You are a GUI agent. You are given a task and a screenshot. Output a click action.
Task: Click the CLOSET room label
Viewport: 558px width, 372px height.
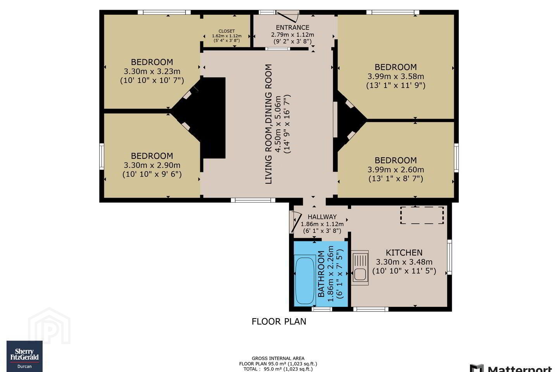pyautogui.click(x=226, y=31)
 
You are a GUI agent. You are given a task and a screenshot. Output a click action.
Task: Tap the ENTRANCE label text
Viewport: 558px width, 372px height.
pyautogui.click(x=293, y=28)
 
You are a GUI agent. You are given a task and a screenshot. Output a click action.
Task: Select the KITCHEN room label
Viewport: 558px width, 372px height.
pyautogui.click(x=404, y=253)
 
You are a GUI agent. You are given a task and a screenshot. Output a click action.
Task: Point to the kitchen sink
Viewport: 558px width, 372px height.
pyautogui.click(x=360, y=268)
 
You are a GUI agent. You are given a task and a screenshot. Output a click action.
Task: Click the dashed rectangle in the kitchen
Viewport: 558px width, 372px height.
pyautogui.click(x=422, y=215)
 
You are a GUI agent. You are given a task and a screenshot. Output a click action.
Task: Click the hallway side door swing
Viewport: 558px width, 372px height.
pyautogui.click(x=296, y=222)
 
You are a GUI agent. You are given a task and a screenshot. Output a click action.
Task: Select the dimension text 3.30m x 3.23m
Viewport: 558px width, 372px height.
pyautogui.click(x=152, y=71)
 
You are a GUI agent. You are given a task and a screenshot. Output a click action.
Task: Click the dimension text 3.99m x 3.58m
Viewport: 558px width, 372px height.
pyautogui.click(x=396, y=76)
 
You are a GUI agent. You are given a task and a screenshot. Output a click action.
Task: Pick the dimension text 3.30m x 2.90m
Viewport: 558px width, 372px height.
pyautogui.click(x=152, y=165)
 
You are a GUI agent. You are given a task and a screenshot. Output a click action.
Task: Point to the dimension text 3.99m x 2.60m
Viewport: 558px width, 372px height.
pyautogui.click(x=396, y=169)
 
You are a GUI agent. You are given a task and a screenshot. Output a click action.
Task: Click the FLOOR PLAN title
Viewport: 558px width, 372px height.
pyautogui.click(x=279, y=321)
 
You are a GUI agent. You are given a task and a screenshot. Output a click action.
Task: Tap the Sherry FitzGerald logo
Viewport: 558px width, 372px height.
pyautogui.click(x=24, y=356)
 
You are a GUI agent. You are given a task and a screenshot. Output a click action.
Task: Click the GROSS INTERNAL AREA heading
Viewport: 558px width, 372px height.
pyautogui.click(x=278, y=358)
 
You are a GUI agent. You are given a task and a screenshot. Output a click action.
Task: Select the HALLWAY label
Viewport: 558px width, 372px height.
pyautogui.click(x=322, y=217)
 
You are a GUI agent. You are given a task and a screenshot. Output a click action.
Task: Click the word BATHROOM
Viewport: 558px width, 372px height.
pyautogui.click(x=321, y=274)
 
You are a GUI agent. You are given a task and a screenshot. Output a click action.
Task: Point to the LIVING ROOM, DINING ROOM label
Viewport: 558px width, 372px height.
pyautogui.click(x=268, y=124)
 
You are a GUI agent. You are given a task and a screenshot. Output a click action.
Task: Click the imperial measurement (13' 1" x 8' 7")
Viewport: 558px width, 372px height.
pyautogui.click(x=396, y=179)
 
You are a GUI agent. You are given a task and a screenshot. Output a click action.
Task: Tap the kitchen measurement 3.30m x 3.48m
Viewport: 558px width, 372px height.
pyautogui.click(x=404, y=262)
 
